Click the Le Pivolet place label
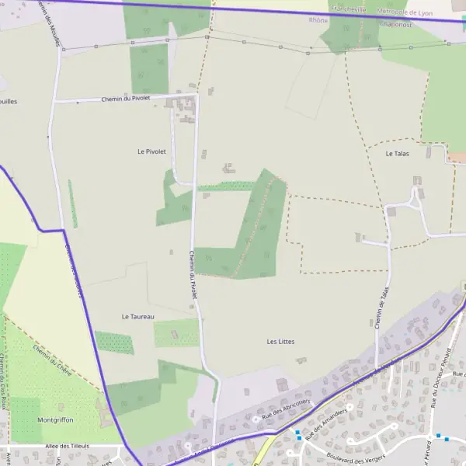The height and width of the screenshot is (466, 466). (x=151, y=151)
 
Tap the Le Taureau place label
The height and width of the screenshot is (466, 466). (x=137, y=317)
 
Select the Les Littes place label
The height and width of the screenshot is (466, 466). (x=280, y=342)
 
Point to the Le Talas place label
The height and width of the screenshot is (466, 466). (x=397, y=154)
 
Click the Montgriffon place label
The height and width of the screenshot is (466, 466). (x=55, y=419)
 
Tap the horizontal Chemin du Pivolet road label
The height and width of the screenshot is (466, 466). (x=126, y=99)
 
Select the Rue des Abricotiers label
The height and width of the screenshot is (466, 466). (x=286, y=407)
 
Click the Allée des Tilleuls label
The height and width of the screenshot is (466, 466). (x=68, y=447)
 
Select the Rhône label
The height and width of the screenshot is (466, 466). (x=318, y=20)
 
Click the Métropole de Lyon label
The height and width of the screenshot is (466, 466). (x=403, y=12)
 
